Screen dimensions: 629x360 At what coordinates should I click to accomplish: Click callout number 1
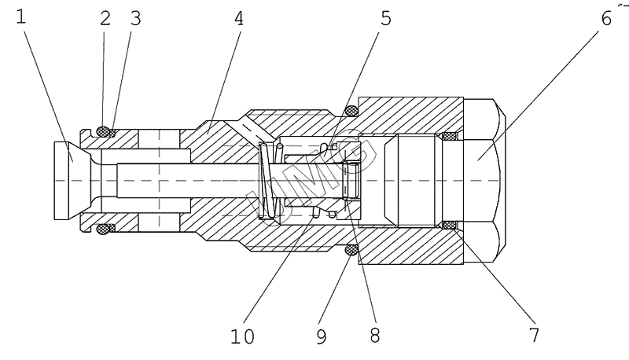(x=21, y=17)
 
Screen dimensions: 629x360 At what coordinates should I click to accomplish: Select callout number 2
(x=105, y=18)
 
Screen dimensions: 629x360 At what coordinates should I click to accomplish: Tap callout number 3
(x=136, y=18)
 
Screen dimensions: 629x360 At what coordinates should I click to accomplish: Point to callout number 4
(x=239, y=18)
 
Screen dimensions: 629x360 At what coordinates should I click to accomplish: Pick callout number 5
(x=385, y=18)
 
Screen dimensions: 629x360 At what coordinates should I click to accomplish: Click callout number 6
(x=606, y=18)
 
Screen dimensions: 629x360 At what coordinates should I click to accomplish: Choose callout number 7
(x=534, y=335)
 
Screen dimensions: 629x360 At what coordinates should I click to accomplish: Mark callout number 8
(x=375, y=335)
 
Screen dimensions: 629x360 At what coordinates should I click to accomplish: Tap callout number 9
(x=322, y=336)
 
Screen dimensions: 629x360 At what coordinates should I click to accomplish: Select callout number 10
(x=242, y=336)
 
